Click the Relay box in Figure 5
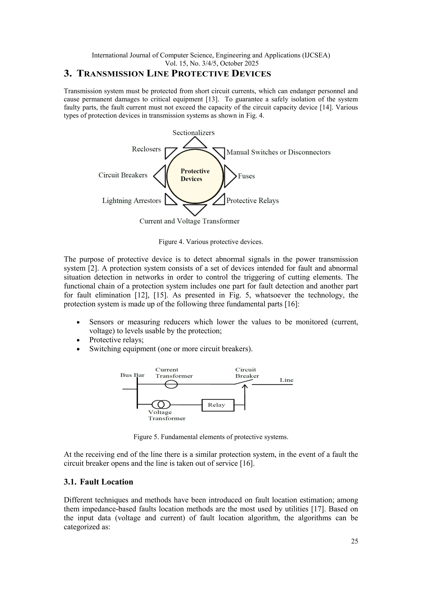click(218, 405)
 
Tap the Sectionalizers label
click(194, 133)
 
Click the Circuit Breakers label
click(123, 175)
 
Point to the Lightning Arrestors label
click(131, 201)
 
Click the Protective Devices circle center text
click(195, 175)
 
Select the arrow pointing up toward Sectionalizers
click(195, 143)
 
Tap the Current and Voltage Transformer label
click(189, 221)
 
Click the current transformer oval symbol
click(171, 384)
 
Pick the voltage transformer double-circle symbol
click(161, 404)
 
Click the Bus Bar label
click(132, 375)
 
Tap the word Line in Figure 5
click(286, 380)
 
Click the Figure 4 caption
click(211, 242)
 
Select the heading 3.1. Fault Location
click(98, 482)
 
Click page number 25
click(354, 541)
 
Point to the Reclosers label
click(146, 149)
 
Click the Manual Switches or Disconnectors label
click(278, 152)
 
